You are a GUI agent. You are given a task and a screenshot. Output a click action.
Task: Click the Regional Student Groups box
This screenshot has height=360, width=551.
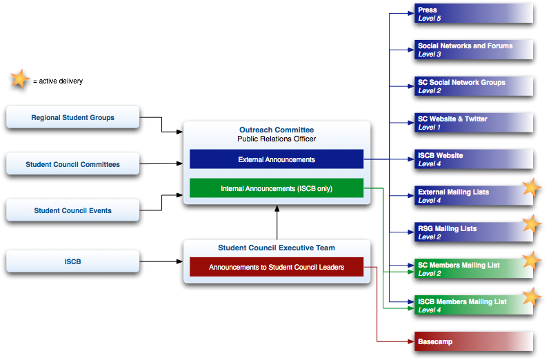(72, 118)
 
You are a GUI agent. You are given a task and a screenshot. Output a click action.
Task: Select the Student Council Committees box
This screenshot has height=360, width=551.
(72, 164)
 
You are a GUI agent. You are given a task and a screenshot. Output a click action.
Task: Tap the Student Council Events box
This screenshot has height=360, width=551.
(72, 210)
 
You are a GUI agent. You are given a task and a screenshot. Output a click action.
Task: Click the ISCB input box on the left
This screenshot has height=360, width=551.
(72, 261)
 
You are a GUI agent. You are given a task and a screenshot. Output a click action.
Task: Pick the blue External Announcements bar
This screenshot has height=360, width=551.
(276, 159)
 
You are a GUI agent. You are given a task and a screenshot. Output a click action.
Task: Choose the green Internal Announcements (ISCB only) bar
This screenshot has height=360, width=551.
(276, 188)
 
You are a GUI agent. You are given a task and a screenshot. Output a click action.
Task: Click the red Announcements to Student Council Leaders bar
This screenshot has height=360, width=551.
(276, 267)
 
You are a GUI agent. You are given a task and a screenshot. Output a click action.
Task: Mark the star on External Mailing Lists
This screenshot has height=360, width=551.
(530, 188)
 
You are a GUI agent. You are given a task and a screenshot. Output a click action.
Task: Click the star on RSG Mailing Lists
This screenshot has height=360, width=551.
(530, 224)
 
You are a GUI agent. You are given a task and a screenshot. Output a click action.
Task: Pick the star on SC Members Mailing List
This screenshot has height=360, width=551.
(530, 261)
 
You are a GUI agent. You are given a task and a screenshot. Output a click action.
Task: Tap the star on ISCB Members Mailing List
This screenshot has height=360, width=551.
(530, 297)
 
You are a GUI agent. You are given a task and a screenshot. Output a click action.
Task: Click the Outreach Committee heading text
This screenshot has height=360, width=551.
(276, 130)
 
